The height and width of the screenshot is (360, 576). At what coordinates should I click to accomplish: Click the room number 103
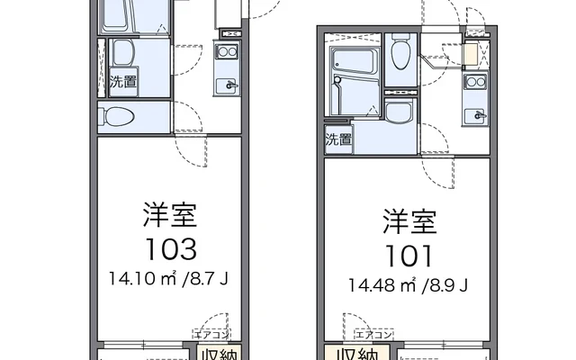click(x=171, y=249)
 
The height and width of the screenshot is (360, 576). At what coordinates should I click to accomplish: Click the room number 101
click(x=409, y=256)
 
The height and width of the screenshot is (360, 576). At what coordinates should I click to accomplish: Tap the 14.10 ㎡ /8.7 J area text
click(x=168, y=278)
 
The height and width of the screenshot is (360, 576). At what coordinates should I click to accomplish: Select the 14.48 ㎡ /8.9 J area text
click(x=408, y=284)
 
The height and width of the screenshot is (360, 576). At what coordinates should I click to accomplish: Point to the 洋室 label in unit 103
click(x=170, y=214)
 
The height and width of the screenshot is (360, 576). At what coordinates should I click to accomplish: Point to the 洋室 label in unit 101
click(x=409, y=221)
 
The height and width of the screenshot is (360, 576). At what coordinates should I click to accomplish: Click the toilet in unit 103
click(x=116, y=117)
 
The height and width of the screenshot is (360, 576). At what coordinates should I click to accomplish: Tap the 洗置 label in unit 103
click(x=123, y=82)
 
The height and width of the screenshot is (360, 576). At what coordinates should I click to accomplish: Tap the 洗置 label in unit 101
click(x=338, y=139)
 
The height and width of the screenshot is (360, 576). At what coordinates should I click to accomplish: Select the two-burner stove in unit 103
click(x=227, y=50)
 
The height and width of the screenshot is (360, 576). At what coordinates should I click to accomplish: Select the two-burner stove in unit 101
click(x=476, y=82)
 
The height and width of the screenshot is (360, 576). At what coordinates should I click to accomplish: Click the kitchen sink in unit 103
click(x=227, y=85)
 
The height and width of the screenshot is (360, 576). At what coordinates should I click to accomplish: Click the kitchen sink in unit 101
click(x=475, y=116)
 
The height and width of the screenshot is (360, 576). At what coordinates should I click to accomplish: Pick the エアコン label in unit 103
click(x=211, y=334)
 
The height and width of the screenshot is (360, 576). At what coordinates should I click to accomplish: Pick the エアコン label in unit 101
click(x=374, y=334)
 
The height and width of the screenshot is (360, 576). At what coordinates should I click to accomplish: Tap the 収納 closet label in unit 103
click(x=220, y=354)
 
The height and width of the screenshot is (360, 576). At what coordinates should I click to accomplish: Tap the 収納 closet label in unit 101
click(x=357, y=354)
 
